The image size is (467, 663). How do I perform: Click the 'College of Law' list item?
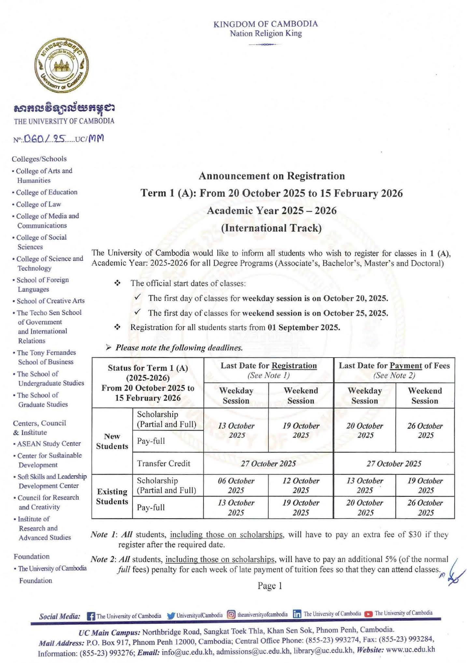[38, 204]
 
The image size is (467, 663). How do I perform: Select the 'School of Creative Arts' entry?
[50, 301]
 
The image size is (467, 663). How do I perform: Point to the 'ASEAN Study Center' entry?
[49, 444]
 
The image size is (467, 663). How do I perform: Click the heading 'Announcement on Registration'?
[272, 176]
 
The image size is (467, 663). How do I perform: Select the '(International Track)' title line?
[271, 228]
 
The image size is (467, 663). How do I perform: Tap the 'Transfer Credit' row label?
[163, 463]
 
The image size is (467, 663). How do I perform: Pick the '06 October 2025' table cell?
[236, 485]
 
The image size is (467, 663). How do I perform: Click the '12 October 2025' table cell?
[301, 485]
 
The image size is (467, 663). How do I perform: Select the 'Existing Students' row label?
[112, 496]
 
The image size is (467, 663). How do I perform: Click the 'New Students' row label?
[112, 441]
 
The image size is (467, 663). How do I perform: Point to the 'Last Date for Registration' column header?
[269, 370]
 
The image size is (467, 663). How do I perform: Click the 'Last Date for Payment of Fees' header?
[394, 370]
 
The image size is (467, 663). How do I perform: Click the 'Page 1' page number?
[270, 586]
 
